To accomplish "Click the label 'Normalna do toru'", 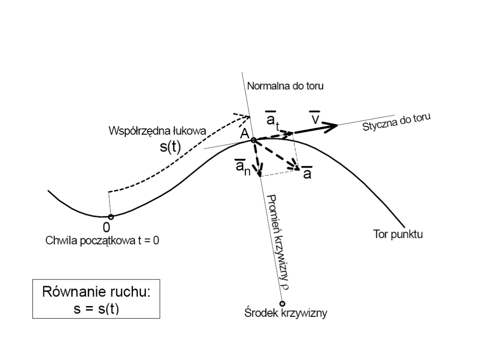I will (285, 86).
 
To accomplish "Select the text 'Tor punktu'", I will (397, 234).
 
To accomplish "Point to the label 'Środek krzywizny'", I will (286, 313).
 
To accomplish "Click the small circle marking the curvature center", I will (282, 304).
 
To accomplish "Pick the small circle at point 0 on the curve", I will (111, 217).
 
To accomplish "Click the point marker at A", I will (253, 140).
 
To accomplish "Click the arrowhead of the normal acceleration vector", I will (260, 171).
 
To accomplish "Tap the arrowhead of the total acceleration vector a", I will (295, 167).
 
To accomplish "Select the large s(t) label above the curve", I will (170, 147).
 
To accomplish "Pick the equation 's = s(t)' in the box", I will (96, 308).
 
